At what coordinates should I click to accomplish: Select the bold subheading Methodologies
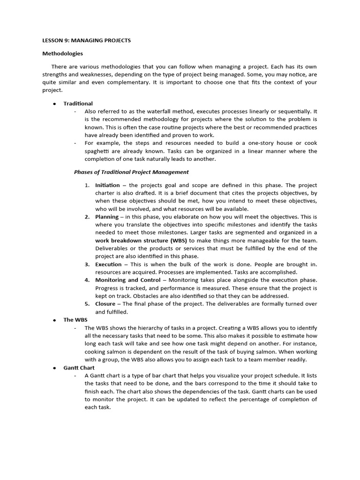pos(62,53)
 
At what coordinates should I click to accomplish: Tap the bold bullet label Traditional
pos(78,103)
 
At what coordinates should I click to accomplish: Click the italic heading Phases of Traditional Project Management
pos(131,172)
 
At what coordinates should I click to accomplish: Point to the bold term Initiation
pos(107,185)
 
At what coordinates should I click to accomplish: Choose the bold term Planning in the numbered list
pos(107,217)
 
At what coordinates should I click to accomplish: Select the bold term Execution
pos(108,264)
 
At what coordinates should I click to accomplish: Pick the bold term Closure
pos(105,304)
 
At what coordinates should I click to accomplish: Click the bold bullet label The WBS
pos(75,320)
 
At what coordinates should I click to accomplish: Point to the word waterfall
pos(164,111)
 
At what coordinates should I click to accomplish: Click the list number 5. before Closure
pos(87,304)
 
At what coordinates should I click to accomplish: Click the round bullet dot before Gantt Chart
pos(54,368)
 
